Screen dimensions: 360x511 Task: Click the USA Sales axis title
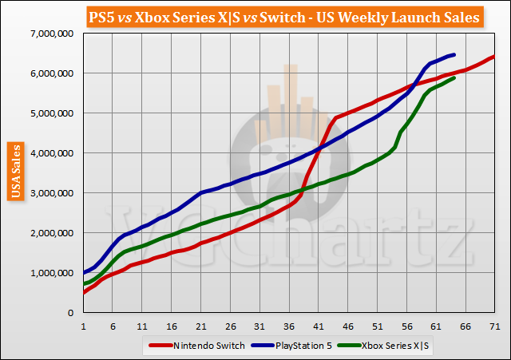[14, 172]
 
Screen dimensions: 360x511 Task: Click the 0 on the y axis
[73, 313]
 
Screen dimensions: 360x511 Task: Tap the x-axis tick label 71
[495, 326]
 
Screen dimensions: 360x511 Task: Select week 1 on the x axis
[83, 326]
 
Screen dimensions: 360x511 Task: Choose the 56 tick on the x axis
[406, 326]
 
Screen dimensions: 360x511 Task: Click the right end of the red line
[495, 57]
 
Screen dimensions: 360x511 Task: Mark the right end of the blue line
[454, 54]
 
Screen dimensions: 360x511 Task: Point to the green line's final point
[454, 77]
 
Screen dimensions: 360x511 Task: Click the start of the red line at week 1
[83, 292]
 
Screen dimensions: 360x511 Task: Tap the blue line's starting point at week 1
[83, 273]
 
